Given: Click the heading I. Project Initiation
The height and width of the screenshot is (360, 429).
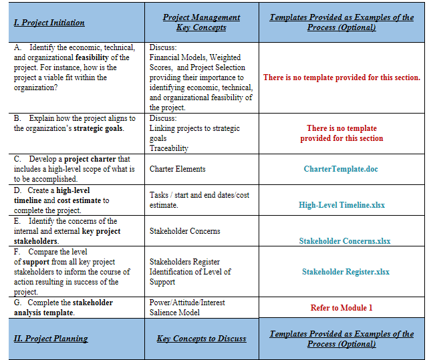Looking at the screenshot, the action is coord(49,23).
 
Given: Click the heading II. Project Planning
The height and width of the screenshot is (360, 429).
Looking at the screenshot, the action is coord(51,339).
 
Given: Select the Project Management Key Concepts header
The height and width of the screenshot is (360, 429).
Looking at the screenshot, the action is coord(201,22).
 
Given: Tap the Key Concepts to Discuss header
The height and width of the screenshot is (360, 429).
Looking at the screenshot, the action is coord(201,339).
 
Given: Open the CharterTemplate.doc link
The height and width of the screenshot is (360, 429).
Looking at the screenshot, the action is coord(341,169).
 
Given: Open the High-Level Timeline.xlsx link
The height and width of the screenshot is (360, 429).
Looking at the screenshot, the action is coord(341,205).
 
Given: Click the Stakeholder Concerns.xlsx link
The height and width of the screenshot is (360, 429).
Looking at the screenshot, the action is coord(345,241).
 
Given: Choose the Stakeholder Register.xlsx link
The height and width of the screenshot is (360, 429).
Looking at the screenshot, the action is coord(345,272).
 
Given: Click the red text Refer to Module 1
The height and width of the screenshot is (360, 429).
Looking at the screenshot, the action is coord(341,308).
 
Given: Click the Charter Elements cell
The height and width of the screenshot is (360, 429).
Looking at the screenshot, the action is coord(177,169).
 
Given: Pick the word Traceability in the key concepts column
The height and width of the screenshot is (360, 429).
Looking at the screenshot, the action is coord(169,148).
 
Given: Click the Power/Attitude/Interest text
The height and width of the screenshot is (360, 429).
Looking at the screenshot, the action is coord(187,303).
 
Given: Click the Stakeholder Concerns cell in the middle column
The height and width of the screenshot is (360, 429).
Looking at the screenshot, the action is coord(184,231).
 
